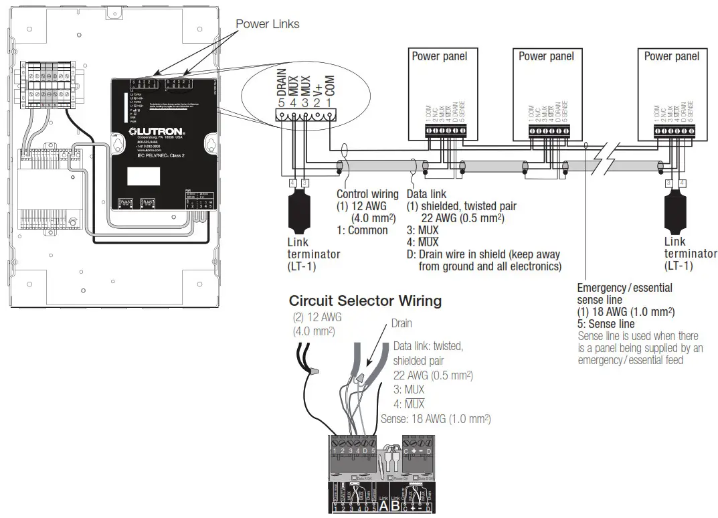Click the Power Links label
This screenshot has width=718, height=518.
click(x=267, y=24)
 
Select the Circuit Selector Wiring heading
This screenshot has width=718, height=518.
click(x=365, y=300)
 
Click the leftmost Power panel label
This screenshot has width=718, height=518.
click(x=439, y=56)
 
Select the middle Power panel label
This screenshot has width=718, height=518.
click(x=546, y=56)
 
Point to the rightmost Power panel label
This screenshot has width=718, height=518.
click(x=671, y=56)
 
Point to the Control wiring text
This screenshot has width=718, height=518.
click(x=367, y=194)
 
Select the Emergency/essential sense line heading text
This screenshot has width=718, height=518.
click(x=624, y=293)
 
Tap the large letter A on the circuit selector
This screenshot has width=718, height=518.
click(x=384, y=505)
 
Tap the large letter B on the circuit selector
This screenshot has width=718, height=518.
click(x=395, y=505)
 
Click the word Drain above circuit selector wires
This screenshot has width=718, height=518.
click(x=401, y=323)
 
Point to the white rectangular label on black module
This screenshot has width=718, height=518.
click(x=143, y=175)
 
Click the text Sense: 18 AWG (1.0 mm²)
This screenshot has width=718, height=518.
click(x=435, y=419)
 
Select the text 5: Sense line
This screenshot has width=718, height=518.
click(x=606, y=324)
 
